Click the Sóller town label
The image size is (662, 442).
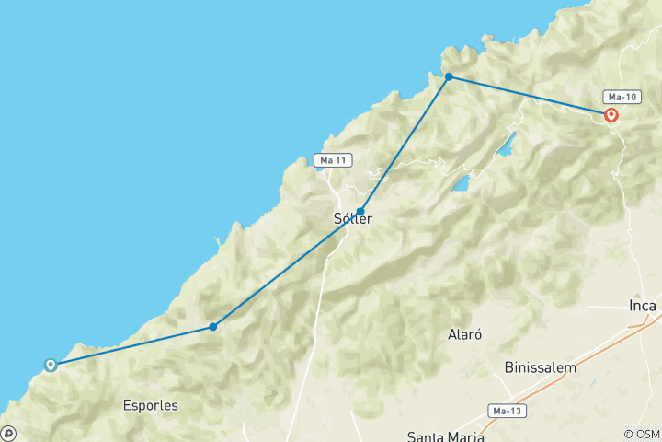pos(352,220)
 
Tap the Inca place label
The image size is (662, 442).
pos(643,305)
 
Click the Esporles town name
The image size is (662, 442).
pos(150,404)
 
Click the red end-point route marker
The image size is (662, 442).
pos(611,115)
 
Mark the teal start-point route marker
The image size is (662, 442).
pos(51,365)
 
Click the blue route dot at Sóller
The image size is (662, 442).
pos(360,212)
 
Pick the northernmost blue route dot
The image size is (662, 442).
pos(449,76)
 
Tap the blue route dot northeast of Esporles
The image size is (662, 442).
pos(213,326)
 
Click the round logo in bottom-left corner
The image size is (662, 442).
pos(7,433)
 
